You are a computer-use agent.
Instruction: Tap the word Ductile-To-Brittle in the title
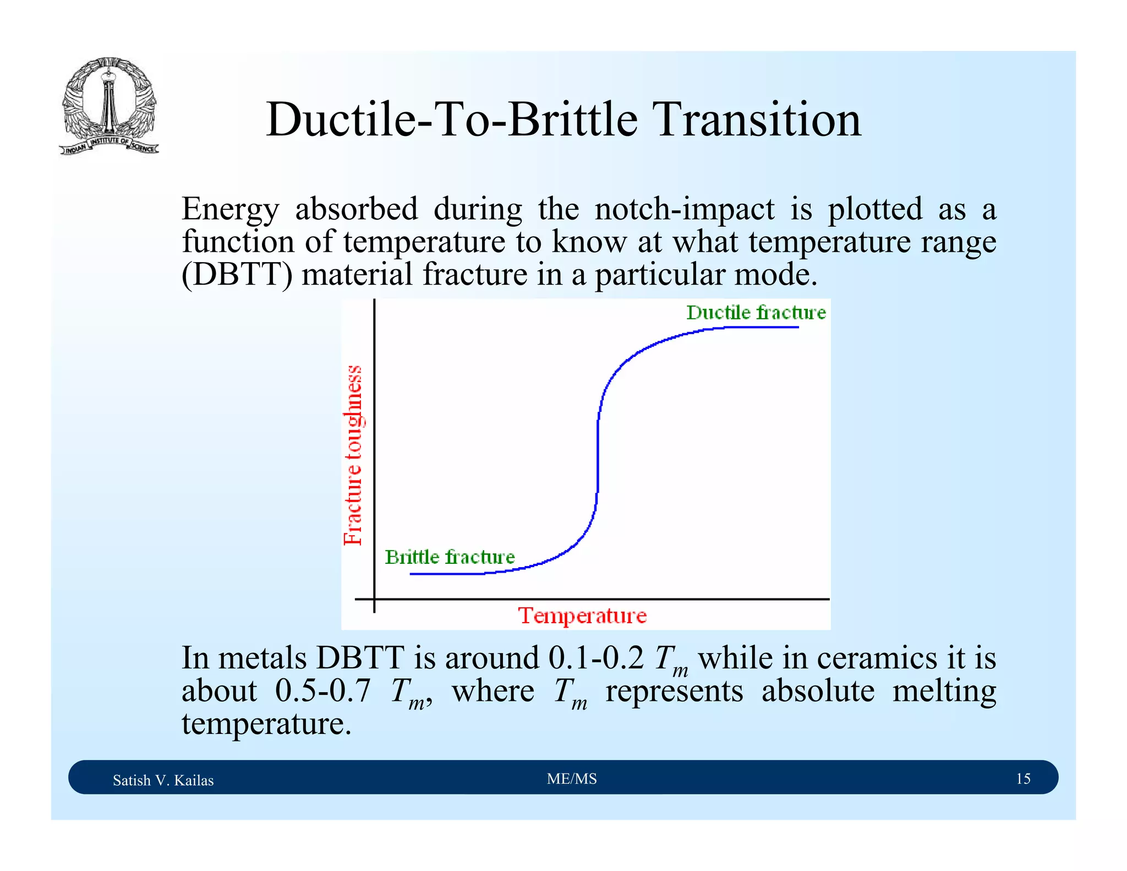click(x=451, y=119)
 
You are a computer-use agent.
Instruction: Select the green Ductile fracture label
click(x=756, y=313)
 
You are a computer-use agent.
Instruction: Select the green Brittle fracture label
click(x=450, y=557)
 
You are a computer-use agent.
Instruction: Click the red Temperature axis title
click(x=582, y=615)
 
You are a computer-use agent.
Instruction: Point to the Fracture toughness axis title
click(x=353, y=455)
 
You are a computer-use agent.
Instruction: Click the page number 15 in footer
click(x=1022, y=779)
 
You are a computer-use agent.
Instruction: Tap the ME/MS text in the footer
click(x=572, y=779)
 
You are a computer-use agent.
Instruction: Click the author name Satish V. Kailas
click(x=163, y=780)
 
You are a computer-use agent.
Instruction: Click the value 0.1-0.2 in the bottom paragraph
click(x=595, y=658)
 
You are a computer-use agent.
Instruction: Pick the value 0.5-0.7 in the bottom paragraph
click(x=322, y=691)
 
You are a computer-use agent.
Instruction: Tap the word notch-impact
click(x=684, y=209)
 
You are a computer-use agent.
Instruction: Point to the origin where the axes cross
click(x=374, y=598)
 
